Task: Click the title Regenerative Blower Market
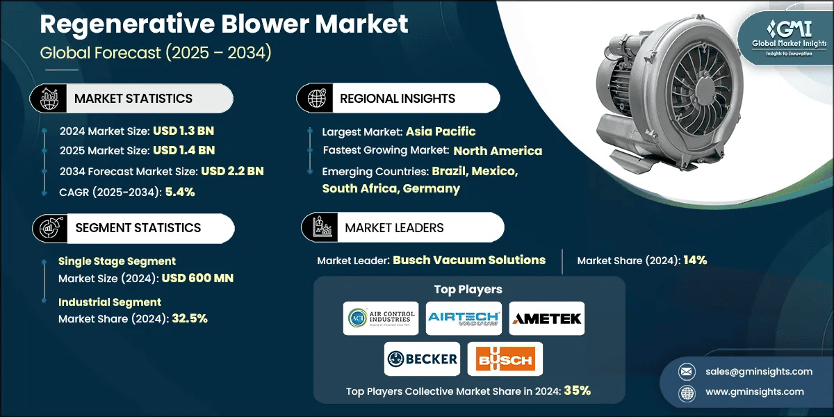point(224,24)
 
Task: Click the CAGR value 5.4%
point(179,192)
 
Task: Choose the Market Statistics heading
point(133,99)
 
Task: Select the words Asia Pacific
point(441,131)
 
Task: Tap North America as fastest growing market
point(498,151)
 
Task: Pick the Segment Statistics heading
point(137,228)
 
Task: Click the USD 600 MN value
point(197,278)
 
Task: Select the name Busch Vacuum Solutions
point(469,260)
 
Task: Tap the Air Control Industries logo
point(381,318)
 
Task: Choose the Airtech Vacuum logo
point(464,318)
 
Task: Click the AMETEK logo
point(547,318)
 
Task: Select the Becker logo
point(422,359)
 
